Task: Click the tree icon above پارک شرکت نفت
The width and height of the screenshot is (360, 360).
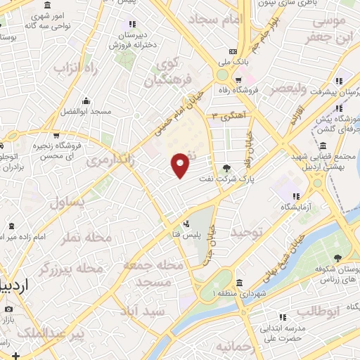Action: tap(226, 168)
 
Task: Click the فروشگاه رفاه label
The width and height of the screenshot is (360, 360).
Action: tap(257, 90)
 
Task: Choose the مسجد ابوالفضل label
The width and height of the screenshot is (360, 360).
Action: tap(85, 112)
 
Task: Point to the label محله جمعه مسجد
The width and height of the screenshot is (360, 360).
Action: tap(153, 274)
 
